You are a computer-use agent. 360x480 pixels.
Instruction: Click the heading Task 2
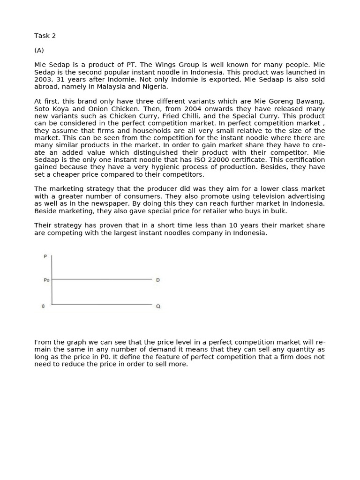point(45,36)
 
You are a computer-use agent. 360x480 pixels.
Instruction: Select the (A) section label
point(39,50)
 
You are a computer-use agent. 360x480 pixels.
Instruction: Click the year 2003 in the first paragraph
point(43,79)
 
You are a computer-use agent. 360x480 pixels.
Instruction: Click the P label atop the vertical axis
point(45,256)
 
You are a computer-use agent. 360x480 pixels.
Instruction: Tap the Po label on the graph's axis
point(46,280)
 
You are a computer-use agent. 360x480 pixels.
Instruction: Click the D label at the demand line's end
point(158,280)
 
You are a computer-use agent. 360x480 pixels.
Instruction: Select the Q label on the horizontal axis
point(158,306)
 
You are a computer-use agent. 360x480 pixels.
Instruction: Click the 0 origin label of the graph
point(44,306)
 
